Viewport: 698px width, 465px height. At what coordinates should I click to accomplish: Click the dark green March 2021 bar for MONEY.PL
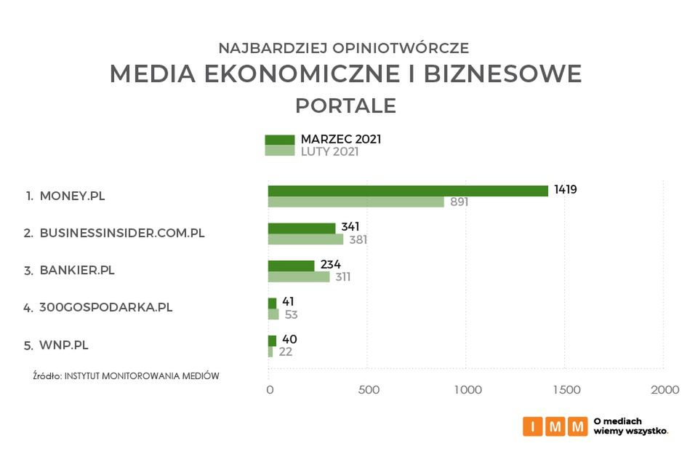coord(407,191)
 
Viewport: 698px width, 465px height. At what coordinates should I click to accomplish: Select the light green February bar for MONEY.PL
coord(356,202)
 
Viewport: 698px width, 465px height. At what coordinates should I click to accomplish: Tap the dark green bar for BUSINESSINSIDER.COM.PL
coord(302,228)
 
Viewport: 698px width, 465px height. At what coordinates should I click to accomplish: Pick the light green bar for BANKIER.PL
coord(299,277)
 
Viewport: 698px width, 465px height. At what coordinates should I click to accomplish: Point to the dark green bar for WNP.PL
coord(272,341)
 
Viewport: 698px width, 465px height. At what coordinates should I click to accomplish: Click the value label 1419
coord(565,190)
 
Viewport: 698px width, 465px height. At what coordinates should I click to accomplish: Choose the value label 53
coord(291,314)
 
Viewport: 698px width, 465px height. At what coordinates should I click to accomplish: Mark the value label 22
coord(285,352)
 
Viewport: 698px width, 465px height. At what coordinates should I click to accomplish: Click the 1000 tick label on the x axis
coord(467,390)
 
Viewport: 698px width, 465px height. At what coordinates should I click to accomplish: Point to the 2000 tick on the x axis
coord(665,390)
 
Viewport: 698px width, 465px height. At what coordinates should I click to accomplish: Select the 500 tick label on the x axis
coord(368,390)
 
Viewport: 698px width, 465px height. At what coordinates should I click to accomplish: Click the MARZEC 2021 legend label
coord(341,139)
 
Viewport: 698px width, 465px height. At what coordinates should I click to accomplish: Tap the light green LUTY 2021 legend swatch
coord(279,151)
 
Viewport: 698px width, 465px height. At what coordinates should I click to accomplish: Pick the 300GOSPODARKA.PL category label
coord(105,307)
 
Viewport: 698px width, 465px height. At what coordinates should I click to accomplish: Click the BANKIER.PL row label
coord(77,270)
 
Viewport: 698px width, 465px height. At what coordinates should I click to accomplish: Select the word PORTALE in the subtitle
coord(345,106)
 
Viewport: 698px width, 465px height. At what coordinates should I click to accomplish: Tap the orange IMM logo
coord(555,426)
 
